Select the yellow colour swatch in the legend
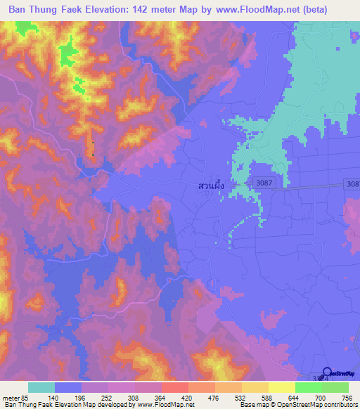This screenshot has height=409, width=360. click(x=281, y=387)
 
